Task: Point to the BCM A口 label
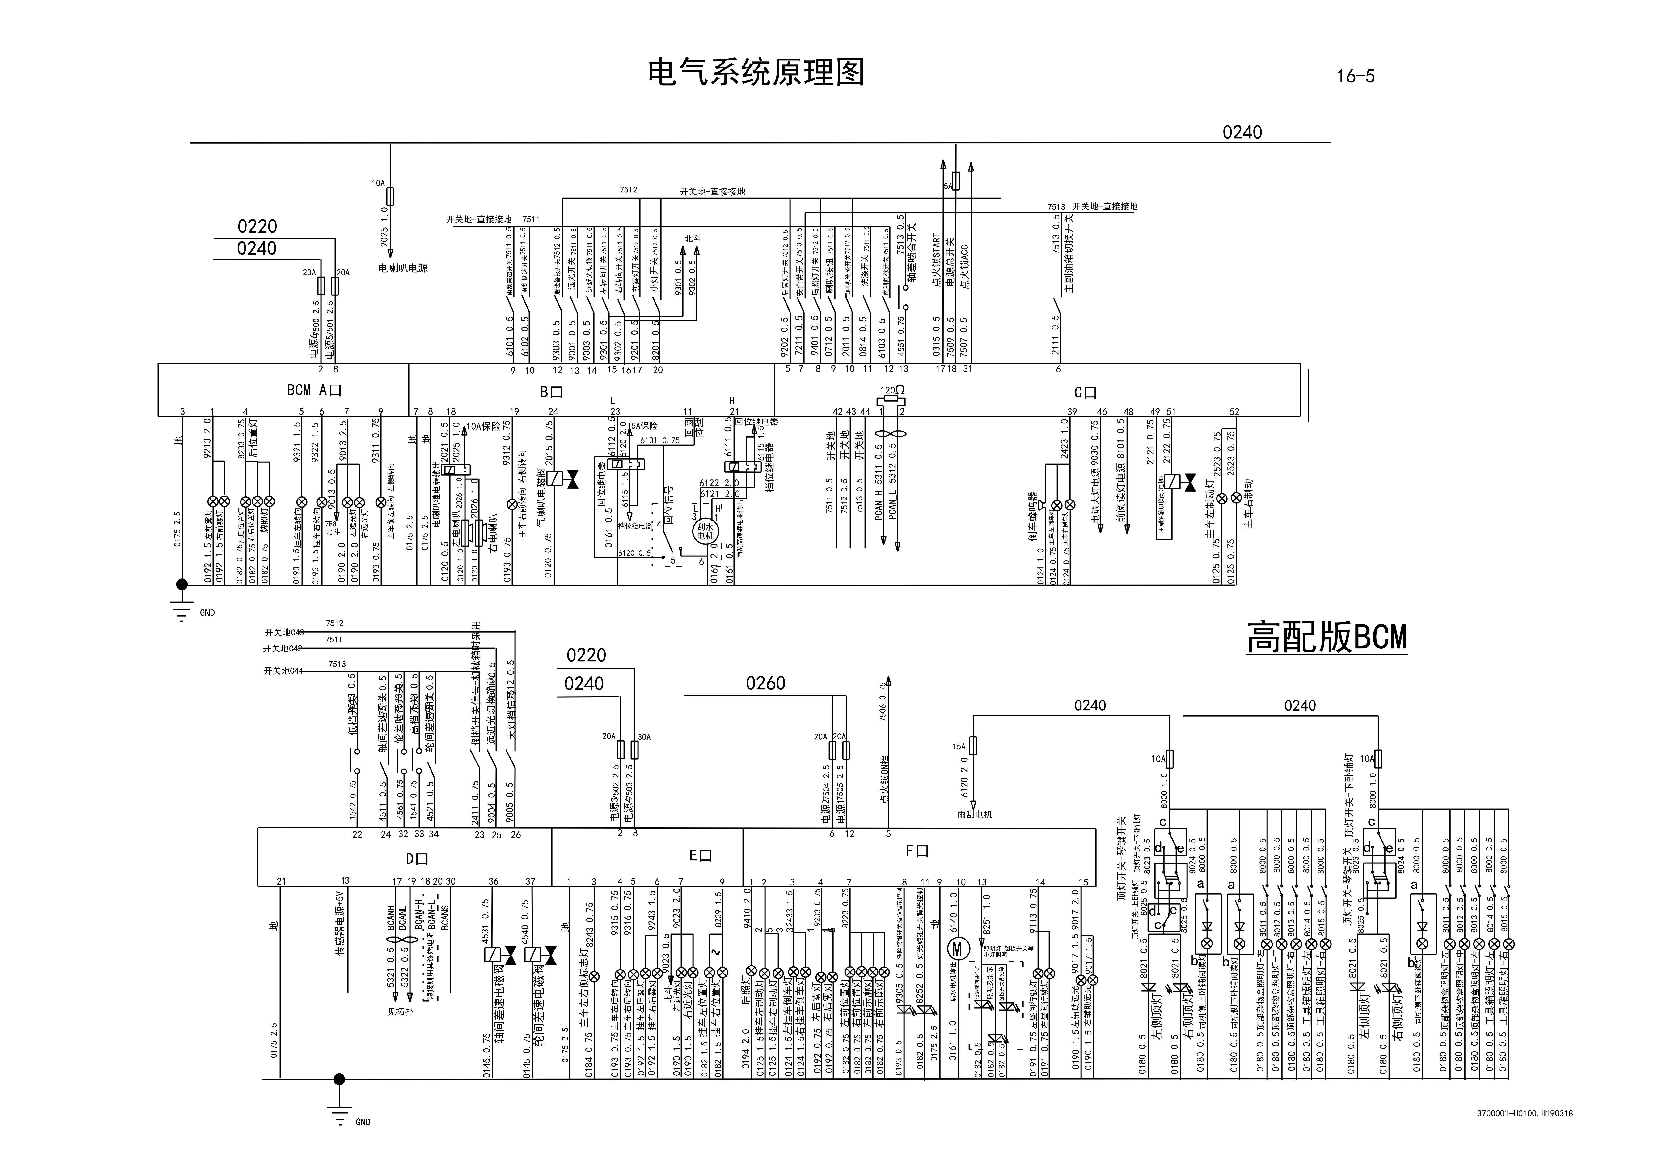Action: [x=314, y=390]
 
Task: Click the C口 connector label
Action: [x=1085, y=393]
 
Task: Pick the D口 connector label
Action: [x=417, y=859]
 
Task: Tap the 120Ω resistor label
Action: [x=892, y=390]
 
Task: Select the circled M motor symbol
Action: [x=959, y=947]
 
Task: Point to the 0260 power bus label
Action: [x=765, y=683]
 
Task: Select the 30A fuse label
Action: [x=644, y=737]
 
